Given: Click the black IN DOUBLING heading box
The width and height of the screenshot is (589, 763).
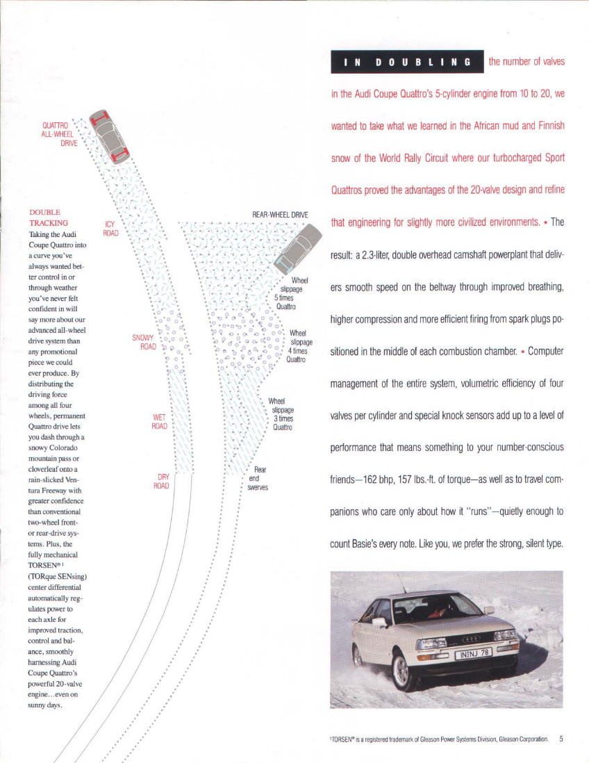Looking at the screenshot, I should coord(407,62).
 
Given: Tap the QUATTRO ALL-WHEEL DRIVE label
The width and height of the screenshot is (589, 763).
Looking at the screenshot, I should coord(59,133).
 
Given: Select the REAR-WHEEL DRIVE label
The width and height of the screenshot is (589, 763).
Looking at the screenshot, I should coord(281,215).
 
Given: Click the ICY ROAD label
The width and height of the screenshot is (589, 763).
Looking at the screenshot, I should coord(110,229).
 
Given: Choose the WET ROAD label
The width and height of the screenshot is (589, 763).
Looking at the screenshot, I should coord(159,422).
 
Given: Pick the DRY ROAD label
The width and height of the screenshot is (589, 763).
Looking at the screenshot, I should coord(161,481).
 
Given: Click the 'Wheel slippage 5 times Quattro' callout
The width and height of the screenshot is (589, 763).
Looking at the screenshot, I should coord(287,293).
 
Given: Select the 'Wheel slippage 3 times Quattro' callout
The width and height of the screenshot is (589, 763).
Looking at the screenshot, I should coord(281,414).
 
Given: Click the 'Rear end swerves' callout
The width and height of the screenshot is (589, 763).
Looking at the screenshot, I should coord(257,478).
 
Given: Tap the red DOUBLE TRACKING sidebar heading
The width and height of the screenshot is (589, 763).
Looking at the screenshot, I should coord(49,218).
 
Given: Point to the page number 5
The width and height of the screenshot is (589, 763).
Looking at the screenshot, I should coord(561,739).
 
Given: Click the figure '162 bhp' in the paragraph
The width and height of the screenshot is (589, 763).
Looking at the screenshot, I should coord(374,480).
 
